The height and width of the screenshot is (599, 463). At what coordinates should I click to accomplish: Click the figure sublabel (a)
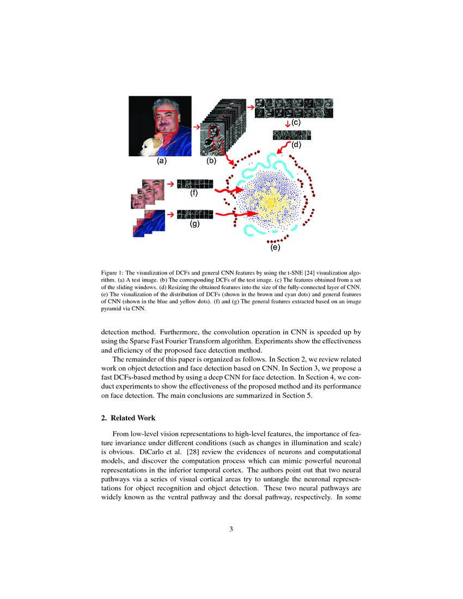(x=161, y=161)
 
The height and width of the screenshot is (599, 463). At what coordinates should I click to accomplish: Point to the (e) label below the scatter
(x=275, y=248)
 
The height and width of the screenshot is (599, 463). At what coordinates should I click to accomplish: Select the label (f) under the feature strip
(x=193, y=193)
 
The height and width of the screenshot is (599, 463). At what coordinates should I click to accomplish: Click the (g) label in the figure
(x=194, y=223)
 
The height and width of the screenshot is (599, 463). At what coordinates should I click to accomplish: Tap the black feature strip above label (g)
(x=194, y=214)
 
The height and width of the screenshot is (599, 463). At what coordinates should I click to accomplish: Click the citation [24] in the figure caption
(x=309, y=272)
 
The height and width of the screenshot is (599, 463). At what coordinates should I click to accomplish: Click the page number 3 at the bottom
(x=231, y=528)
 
